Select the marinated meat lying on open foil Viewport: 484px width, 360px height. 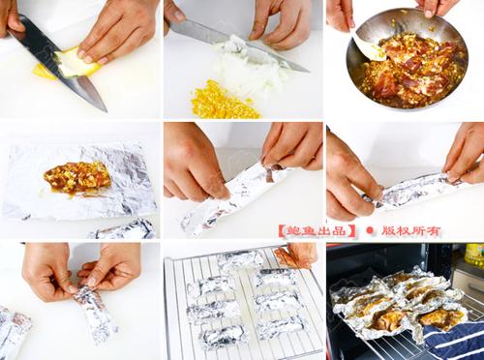[77, 177]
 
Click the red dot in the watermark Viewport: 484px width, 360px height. [370, 230]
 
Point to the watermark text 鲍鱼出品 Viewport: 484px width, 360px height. [318, 231]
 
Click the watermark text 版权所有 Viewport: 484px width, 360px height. [411, 231]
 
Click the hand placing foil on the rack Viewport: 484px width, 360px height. [297, 255]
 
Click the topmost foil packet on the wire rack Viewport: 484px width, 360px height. [240, 259]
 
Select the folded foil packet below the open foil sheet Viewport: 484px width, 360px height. [124, 229]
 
